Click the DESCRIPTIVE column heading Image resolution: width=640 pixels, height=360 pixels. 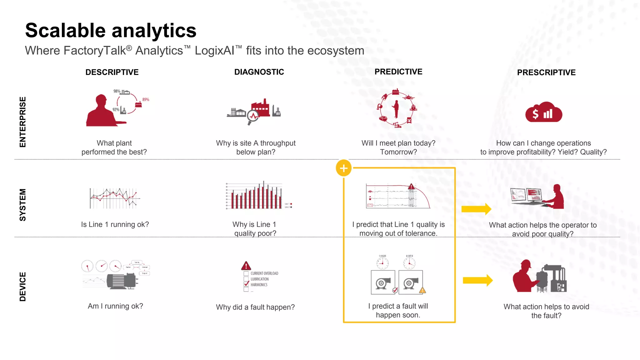coord(112,72)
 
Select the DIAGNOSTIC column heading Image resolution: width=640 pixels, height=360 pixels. coord(259,72)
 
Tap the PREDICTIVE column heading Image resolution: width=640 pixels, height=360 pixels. coord(398,72)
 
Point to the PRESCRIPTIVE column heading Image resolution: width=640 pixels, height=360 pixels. coord(546,72)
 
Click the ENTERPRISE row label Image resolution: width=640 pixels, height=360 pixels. coord(22,122)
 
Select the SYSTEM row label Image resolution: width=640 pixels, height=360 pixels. coord(22,205)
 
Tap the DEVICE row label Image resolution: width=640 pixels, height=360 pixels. coord(22,287)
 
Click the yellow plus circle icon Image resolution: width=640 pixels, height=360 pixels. coord(344,168)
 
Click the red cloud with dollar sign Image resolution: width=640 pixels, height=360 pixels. coord(543,112)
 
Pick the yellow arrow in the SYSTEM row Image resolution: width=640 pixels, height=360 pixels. coord(476,209)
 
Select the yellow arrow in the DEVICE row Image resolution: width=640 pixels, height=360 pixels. coord(477,280)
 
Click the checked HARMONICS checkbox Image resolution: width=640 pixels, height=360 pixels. coord(246,284)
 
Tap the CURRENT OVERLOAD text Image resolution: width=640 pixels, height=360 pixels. coord(264,273)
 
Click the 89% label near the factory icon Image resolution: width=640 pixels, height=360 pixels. coord(146,99)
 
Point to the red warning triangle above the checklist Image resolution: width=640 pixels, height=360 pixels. coord(246,266)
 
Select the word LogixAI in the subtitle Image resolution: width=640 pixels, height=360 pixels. coord(214,51)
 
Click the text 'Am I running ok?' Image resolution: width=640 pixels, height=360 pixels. coord(115,306)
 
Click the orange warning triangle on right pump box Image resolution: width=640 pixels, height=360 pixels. coord(422,290)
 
